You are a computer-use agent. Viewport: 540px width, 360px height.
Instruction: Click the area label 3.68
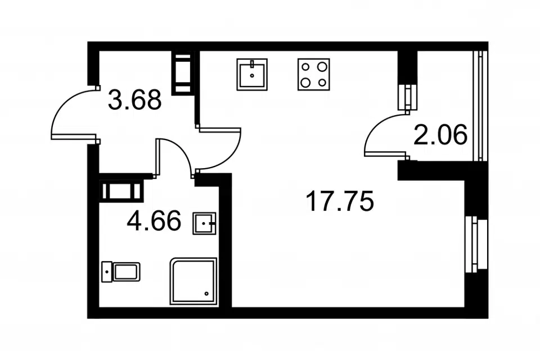134,100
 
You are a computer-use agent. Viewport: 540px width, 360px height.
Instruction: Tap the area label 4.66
154,220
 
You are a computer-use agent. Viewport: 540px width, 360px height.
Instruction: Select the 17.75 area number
340,201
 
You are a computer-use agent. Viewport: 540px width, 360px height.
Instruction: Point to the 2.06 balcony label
440,134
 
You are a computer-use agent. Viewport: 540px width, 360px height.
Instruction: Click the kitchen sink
252,74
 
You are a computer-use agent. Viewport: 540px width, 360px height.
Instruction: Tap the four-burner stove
314,74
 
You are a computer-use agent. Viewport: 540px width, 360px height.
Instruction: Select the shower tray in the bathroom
193,281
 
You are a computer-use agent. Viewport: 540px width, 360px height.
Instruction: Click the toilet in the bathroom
121,272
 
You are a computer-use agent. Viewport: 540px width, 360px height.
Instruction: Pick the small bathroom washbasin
204,223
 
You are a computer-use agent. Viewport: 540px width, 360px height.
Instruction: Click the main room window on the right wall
476,244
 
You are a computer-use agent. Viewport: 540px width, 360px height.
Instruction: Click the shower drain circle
206,294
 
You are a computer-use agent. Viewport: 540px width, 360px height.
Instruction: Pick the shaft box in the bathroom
121,191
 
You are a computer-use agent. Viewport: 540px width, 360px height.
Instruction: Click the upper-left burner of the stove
305,66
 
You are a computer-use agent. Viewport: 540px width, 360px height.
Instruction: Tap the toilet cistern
107,272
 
